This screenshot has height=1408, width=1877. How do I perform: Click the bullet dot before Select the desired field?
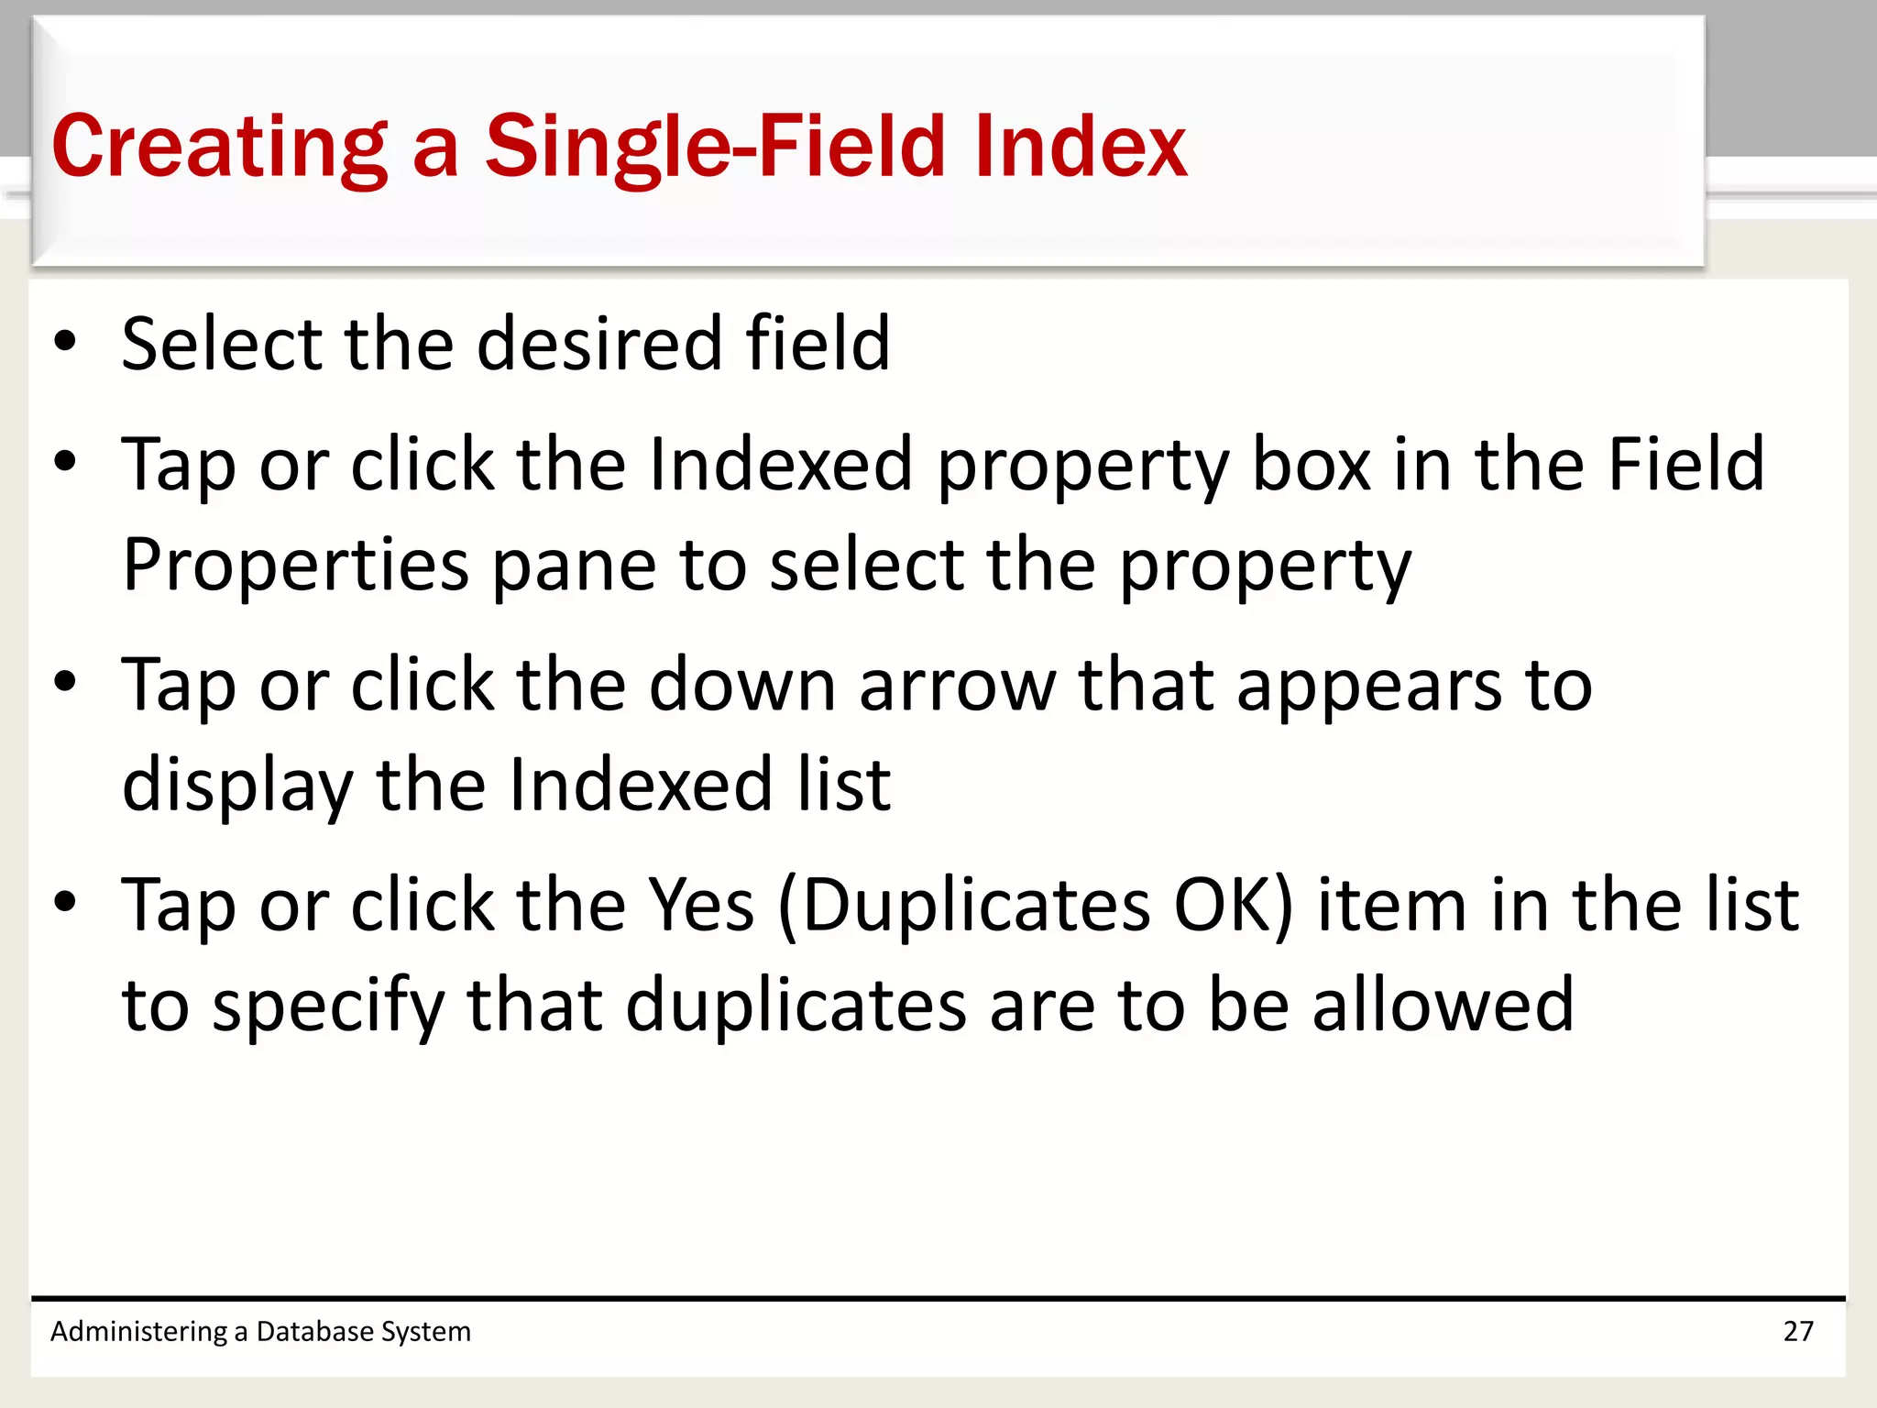click(x=65, y=341)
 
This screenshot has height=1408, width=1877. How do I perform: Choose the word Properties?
click(x=296, y=566)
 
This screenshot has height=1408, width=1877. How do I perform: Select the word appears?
click(x=1369, y=685)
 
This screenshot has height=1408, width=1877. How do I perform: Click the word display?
click(x=237, y=786)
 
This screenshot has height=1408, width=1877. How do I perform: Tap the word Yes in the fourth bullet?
click(x=701, y=905)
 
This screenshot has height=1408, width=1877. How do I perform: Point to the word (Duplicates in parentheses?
click(x=963, y=905)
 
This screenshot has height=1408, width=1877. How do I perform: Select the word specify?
click(x=328, y=1006)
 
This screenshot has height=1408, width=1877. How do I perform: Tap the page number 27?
click(x=1798, y=1331)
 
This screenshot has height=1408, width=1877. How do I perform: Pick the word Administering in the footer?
click(x=138, y=1331)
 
